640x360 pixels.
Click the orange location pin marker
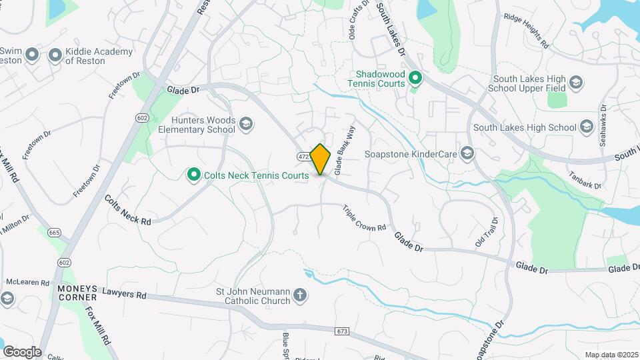[321, 159]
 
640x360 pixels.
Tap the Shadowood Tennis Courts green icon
[415, 79]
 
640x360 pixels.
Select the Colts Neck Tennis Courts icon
[194, 175]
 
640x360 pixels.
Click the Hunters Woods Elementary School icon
[246, 124]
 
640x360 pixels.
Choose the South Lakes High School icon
[586, 127]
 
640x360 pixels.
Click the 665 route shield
[54, 233]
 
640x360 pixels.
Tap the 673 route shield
[343, 331]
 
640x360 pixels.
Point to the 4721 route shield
[303, 156]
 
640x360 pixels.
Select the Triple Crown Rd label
[365, 218]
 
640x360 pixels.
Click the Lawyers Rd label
[125, 293]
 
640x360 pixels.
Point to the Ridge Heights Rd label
[526, 31]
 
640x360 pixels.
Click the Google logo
[21, 352]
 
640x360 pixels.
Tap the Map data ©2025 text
[610, 355]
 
